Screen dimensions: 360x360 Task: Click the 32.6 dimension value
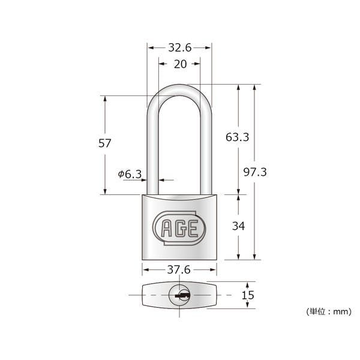click(x=180, y=48)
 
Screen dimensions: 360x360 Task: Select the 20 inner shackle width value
click(x=180, y=64)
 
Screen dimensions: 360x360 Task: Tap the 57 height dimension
click(x=104, y=143)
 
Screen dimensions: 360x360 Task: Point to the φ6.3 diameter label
click(x=130, y=174)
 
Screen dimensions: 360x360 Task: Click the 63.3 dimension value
click(x=237, y=137)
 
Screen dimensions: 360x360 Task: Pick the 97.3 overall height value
click(x=255, y=172)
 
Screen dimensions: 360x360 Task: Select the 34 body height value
click(x=239, y=226)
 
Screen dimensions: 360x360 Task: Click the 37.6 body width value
click(x=179, y=269)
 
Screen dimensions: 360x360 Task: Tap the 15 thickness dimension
click(x=248, y=295)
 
